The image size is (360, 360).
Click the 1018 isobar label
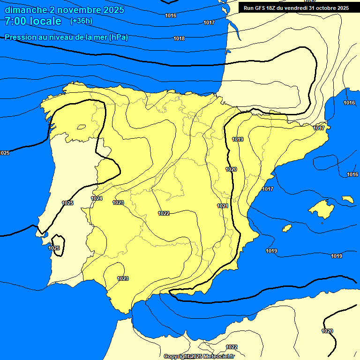click(x=179, y=38)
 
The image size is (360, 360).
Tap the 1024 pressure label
click(x=97, y=198)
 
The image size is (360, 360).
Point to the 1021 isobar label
click(x=223, y=206)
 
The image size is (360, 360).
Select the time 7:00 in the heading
click(x=15, y=21)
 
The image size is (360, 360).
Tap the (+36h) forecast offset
click(x=81, y=21)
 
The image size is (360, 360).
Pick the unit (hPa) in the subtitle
click(x=118, y=37)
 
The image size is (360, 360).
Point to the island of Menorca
click(x=348, y=199)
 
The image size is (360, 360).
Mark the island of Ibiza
click(x=286, y=228)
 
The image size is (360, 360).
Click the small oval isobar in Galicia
click(x=82, y=126)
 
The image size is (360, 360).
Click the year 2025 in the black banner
click(x=343, y=8)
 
